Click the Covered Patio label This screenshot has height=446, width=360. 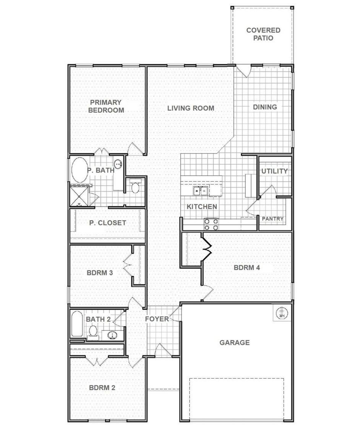tap(263, 34)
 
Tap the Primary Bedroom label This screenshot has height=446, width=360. tap(106, 106)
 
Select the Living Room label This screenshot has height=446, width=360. tap(191, 108)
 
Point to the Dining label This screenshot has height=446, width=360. tap(265, 107)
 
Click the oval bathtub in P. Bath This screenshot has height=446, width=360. tap(79, 170)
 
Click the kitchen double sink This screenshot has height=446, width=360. tap(201, 191)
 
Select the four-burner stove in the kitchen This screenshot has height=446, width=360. tap(211, 224)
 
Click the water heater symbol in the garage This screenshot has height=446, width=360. tap(282, 313)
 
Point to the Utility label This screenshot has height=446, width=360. tap(275, 171)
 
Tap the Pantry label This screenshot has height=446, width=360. tap(272, 219)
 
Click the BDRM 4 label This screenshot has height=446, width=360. tap(247, 268)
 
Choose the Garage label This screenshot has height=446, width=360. tap(235, 343)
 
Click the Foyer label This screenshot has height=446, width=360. tap(157, 319)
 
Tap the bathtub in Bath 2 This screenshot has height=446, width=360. tap(77, 324)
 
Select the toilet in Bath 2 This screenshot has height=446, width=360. tap(93, 333)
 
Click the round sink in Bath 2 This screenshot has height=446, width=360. tap(113, 335)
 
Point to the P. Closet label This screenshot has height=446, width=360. tap(107, 223)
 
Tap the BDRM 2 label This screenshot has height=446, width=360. tap(102, 388)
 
